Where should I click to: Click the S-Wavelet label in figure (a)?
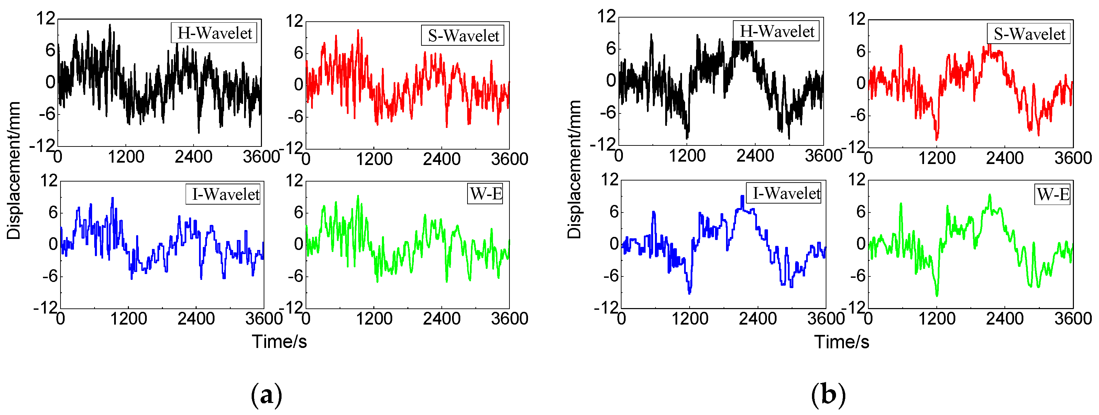(463, 35)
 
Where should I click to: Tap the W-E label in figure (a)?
(485, 194)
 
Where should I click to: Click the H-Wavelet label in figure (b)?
(777, 31)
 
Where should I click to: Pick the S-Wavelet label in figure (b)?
(1029, 34)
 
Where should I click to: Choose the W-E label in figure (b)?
(1053, 195)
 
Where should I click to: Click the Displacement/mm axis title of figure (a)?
(14, 171)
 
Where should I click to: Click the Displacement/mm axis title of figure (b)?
(575, 169)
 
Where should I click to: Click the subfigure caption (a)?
(267, 394)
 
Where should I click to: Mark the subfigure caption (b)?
(828, 394)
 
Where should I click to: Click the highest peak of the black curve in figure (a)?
(110, 25)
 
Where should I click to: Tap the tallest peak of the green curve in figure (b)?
(990, 195)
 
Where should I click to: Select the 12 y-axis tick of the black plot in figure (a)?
(46, 19)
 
